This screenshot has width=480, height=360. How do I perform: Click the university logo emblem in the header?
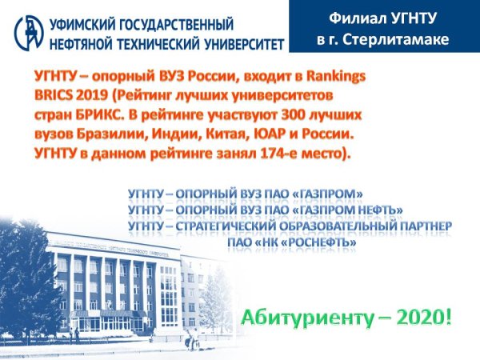point(28,30)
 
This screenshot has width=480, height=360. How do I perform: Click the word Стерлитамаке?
point(403,39)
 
